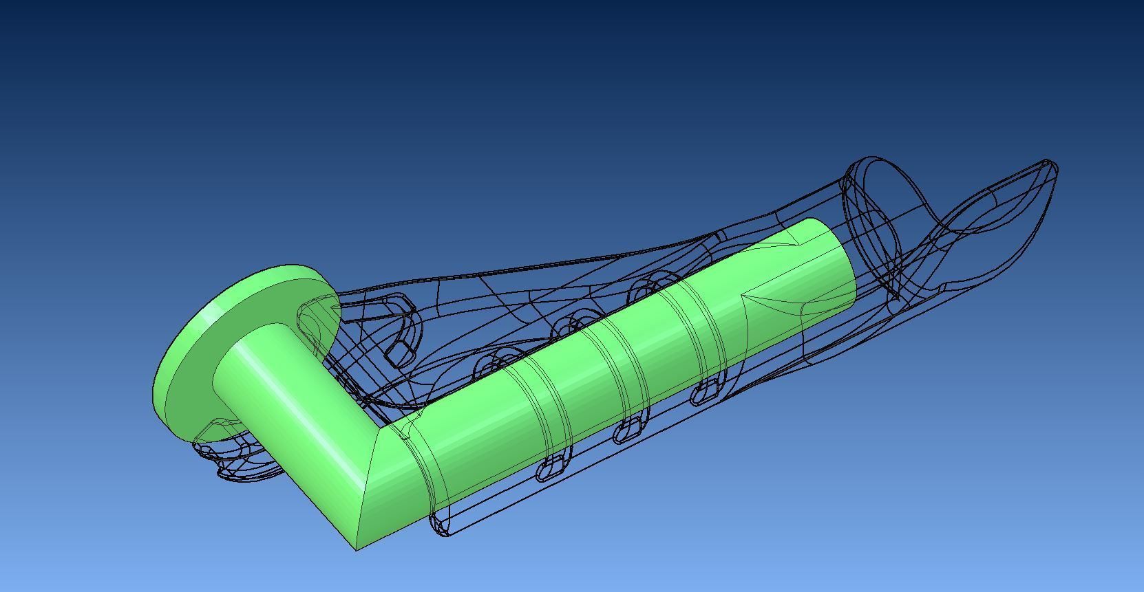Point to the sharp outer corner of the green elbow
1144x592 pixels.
click(357, 548)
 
